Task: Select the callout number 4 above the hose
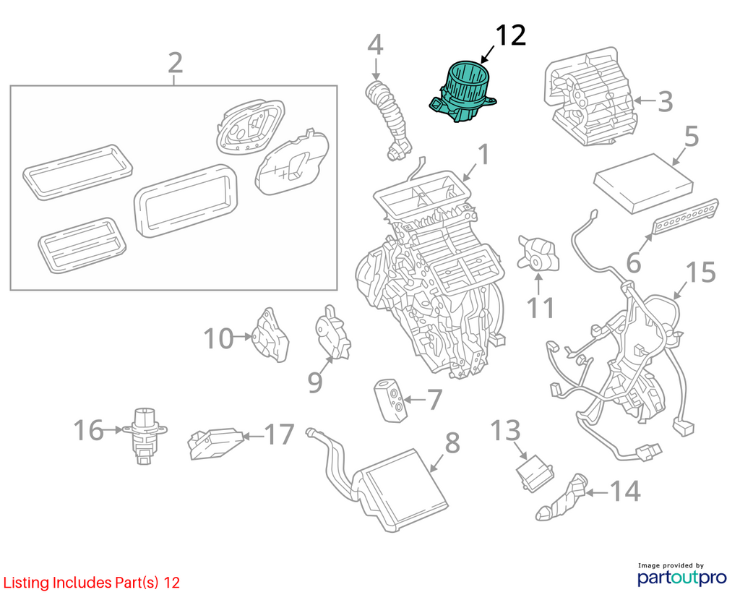(x=375, y=45)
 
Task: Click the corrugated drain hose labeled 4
(x=388, y=121)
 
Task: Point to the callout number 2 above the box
(x=175, y=63)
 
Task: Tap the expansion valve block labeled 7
(x=390, y=400)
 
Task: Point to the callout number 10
(x=218, y=338)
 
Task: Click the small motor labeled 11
(x=538, y=254)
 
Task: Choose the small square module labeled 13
(x=535, y=473)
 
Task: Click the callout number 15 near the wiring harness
(x=700, y=273)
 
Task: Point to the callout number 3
(x=665, y=101)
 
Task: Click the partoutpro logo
(x=682, y=575)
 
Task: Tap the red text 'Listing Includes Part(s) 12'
(x=92, y=583)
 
